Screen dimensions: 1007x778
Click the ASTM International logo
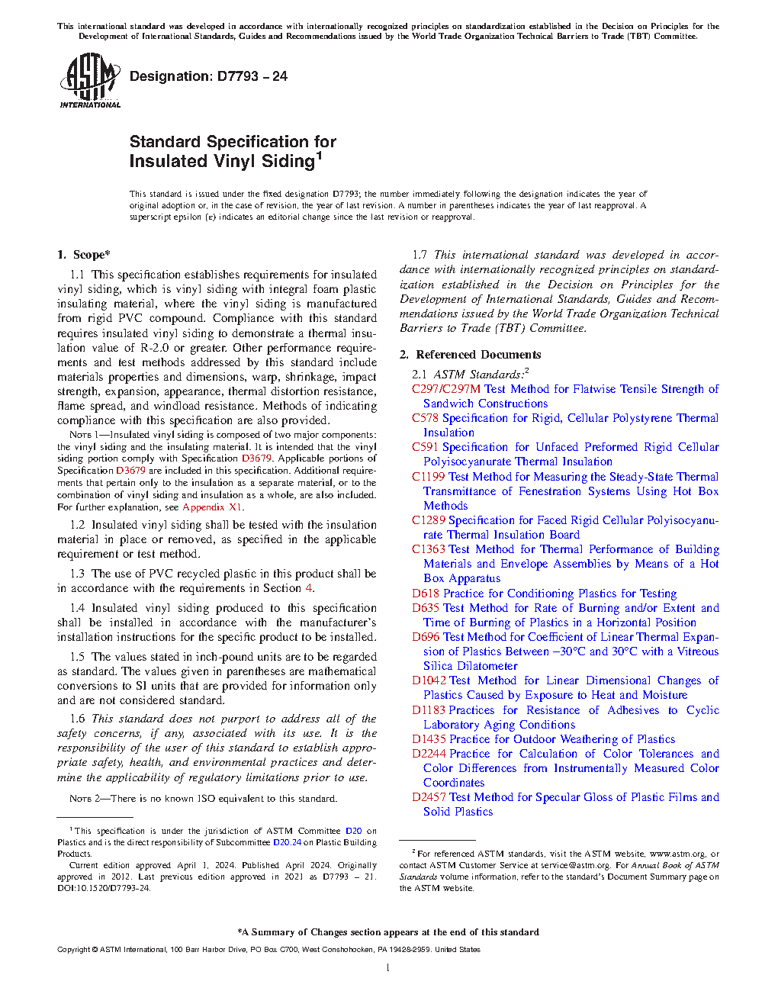pos(90,80)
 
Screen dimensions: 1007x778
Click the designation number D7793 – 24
pos(252,76)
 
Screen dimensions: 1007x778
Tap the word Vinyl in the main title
pos(232,162)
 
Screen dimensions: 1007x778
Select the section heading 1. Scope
pos(84,255)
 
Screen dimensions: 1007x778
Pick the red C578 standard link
pos(425,418)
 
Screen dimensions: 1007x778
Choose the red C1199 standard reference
pos(428,477)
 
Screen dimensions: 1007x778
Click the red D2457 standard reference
pos(429,797)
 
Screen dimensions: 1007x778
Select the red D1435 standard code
pos(429,739)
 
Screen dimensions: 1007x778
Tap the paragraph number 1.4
pos(77,608)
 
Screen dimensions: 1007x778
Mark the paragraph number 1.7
pos(420,255)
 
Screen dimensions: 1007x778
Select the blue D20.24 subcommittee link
pos(287,843)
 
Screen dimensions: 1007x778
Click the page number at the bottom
pos(388,967)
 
